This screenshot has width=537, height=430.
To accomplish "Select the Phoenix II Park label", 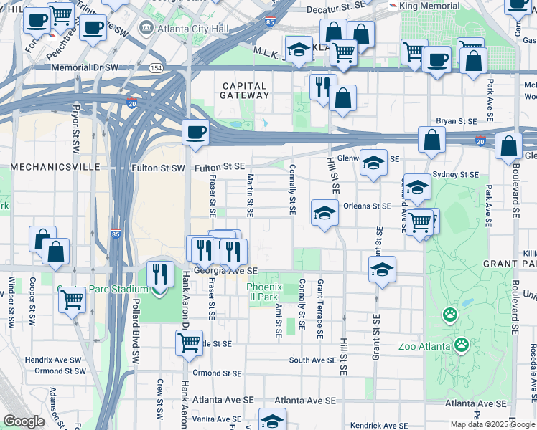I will pyautogui.click(x=262, y=292).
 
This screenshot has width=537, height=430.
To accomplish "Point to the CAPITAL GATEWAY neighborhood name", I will pyautogui.click(x=244, y=90).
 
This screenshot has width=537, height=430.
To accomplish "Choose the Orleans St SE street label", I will pyautogui.click(x=367, y=206).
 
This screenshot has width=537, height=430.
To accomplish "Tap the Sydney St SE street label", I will pyautogui.click(x=457, y=174).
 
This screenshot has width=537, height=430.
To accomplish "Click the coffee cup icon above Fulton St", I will pyautogui.click(x=195, y=133).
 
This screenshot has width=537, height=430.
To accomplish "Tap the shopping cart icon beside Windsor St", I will pyautogui.click(x=72, y=300).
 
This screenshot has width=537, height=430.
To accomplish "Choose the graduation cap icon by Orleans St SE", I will pyautogui.click(x=324, y=213).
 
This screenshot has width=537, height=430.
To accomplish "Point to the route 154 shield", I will pyautogui.click(x=156, y=67).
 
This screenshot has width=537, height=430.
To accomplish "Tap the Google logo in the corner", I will pyautogui.click(x=24, y=421).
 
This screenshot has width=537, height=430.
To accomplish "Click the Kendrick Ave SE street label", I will pyautogui.click(x=375, y=426).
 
